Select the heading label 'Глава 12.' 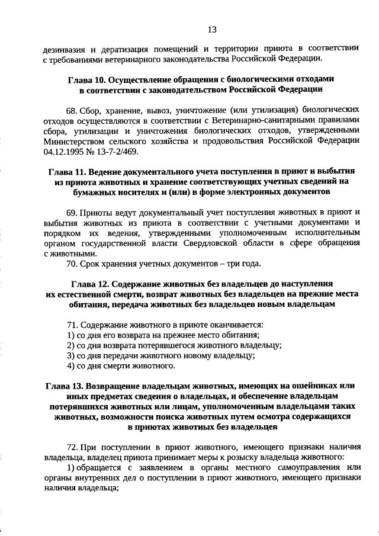coord(90,284)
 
